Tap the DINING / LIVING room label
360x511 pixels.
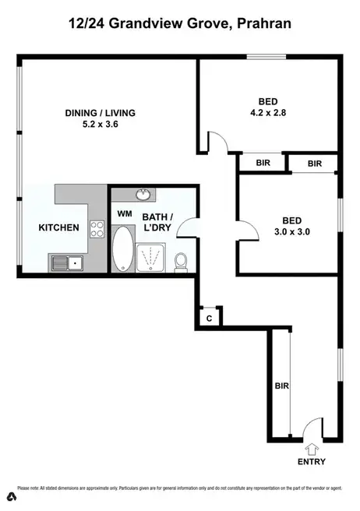(x=100, y=113)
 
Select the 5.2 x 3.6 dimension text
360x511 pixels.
(x=100, y=125)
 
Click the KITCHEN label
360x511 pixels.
(x=59, y=227)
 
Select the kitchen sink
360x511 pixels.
(x=68, y=263)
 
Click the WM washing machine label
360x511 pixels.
(x=124, y=213)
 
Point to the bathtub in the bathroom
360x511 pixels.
(x=123, y=249)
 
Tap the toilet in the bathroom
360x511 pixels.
(x=181, y=263)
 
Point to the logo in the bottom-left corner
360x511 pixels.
(x=12, y=497)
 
